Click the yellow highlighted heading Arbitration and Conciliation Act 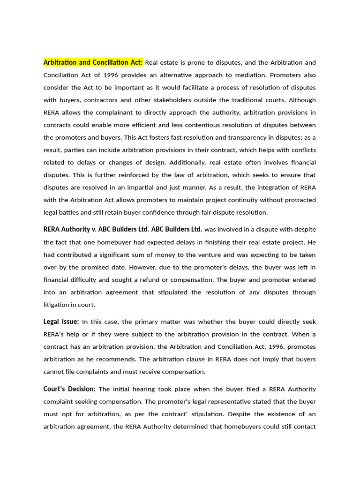[93, 63]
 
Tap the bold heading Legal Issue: [61, 322]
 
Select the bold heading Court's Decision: [69, 389]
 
